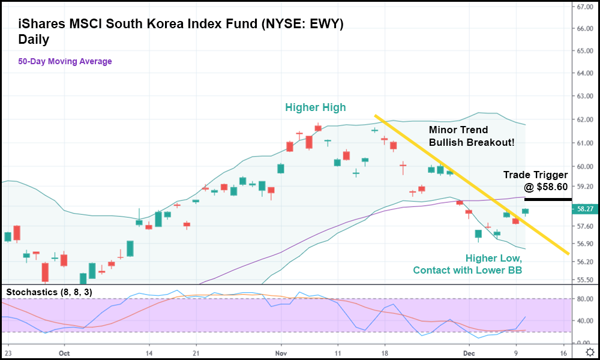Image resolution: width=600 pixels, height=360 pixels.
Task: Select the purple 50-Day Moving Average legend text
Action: (65, 61)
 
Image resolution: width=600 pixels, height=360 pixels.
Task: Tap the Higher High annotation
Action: (316, 107)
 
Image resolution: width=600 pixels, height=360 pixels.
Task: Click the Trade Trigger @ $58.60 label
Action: (534, 181)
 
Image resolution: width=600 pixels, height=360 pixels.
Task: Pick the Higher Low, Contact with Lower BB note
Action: (467, 264)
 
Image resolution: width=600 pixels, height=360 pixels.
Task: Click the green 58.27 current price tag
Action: (584, 209)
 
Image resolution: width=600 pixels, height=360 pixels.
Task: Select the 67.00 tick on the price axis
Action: (584, 7)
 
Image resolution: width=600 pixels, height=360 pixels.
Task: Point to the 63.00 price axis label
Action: (584, 96)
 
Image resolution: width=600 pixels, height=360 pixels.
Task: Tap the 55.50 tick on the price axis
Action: (584, 280)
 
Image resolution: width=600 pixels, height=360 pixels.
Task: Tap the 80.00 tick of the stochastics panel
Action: (584, 299)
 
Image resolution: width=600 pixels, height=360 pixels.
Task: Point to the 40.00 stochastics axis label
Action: (584, 320)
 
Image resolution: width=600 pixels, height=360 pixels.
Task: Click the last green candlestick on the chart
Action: (525, 211)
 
